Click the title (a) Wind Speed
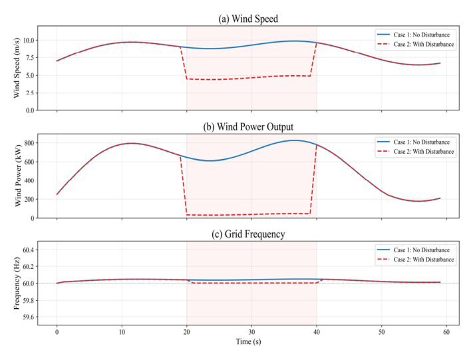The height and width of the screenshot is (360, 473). point(248,19)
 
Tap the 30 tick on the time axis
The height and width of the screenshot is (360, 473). point(251,331)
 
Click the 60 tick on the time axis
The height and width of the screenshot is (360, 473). point(446,331)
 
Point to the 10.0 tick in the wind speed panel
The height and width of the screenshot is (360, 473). point(27,40)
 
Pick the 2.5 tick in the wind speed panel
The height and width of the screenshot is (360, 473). point(29,92)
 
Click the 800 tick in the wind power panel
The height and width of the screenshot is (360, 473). point(29,143)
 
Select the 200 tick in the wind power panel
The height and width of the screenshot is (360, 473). point(29,199)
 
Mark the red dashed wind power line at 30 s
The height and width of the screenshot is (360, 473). point(251,214)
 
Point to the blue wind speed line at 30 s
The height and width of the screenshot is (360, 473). point(251,45)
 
